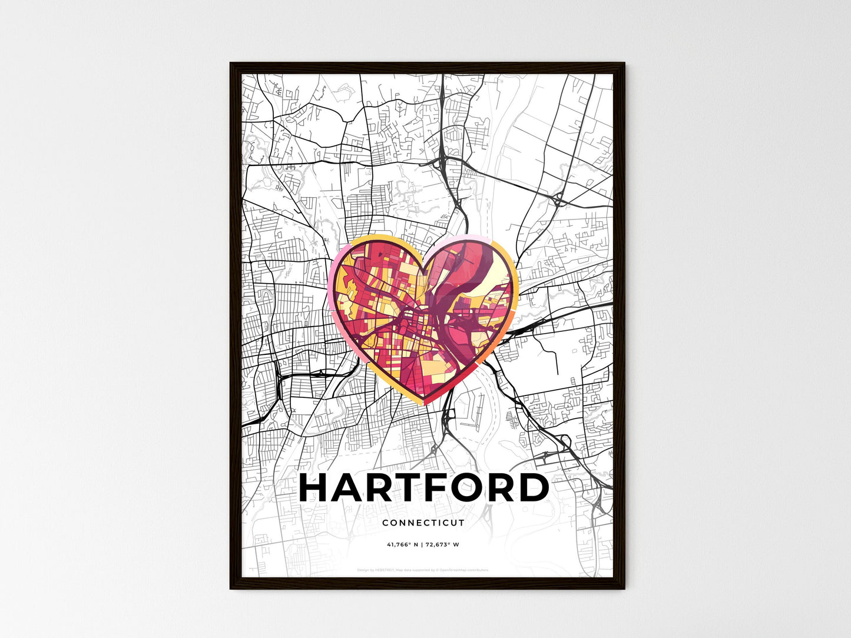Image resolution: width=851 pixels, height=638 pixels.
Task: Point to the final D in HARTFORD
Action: tap(534, 487)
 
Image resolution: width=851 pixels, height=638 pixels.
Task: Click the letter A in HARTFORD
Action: tap(348, 487)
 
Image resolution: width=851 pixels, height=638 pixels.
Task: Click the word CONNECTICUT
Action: tap(423, 523)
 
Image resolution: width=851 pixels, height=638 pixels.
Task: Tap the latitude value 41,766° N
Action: tap(402, 544)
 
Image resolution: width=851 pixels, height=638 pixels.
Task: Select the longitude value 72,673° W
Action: tap(443, 544)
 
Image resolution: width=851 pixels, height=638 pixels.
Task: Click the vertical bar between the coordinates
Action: tap(423, 544)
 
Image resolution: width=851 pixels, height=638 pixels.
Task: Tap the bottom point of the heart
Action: tap(425, 404)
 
